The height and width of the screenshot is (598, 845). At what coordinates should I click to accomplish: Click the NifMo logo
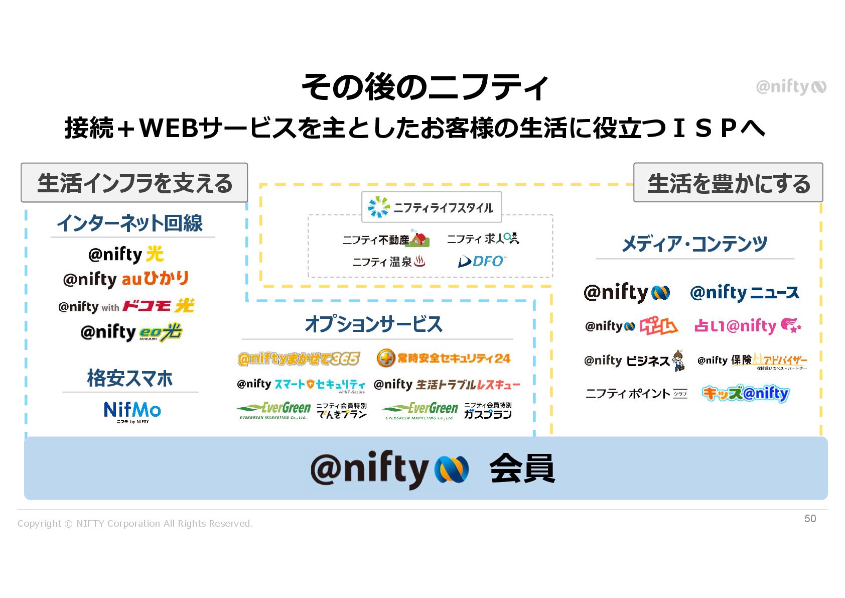point(132,411)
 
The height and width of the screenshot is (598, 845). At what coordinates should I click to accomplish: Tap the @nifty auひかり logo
point(126,279)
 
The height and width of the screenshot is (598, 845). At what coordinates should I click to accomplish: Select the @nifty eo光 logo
point(131,332)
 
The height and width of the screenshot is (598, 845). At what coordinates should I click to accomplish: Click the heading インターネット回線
point(129,223)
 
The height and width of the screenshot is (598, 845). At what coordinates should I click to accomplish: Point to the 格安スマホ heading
point(129,378)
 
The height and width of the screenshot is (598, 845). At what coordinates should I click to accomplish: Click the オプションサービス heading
point(373,324)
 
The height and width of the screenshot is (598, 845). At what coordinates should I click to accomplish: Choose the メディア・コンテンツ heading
point(694,244)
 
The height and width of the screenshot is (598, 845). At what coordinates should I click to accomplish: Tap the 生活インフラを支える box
point(134,183)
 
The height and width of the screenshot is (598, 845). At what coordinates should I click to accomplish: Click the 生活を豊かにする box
point(728,183)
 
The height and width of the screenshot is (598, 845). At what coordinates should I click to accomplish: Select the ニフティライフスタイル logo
point(431,207)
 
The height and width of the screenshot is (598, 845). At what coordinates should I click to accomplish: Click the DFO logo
point(482,261)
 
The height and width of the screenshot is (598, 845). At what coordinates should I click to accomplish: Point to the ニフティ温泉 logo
point(389,262)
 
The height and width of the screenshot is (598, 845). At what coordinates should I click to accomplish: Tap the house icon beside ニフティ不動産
point(419,239)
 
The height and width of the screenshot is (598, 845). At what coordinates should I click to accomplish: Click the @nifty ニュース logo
point(744,293)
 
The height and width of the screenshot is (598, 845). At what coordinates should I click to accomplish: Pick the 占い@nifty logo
point(747,326)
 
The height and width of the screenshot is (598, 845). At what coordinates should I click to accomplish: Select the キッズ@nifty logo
point(745,393)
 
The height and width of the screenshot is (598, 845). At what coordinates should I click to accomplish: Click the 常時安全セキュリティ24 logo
point(444,358)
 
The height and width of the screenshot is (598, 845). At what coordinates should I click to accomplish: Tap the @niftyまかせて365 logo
point(299,358)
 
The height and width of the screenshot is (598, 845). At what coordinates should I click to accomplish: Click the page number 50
point(810,519)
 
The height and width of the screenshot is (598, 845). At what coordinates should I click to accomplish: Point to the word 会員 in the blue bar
point(522,468)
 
